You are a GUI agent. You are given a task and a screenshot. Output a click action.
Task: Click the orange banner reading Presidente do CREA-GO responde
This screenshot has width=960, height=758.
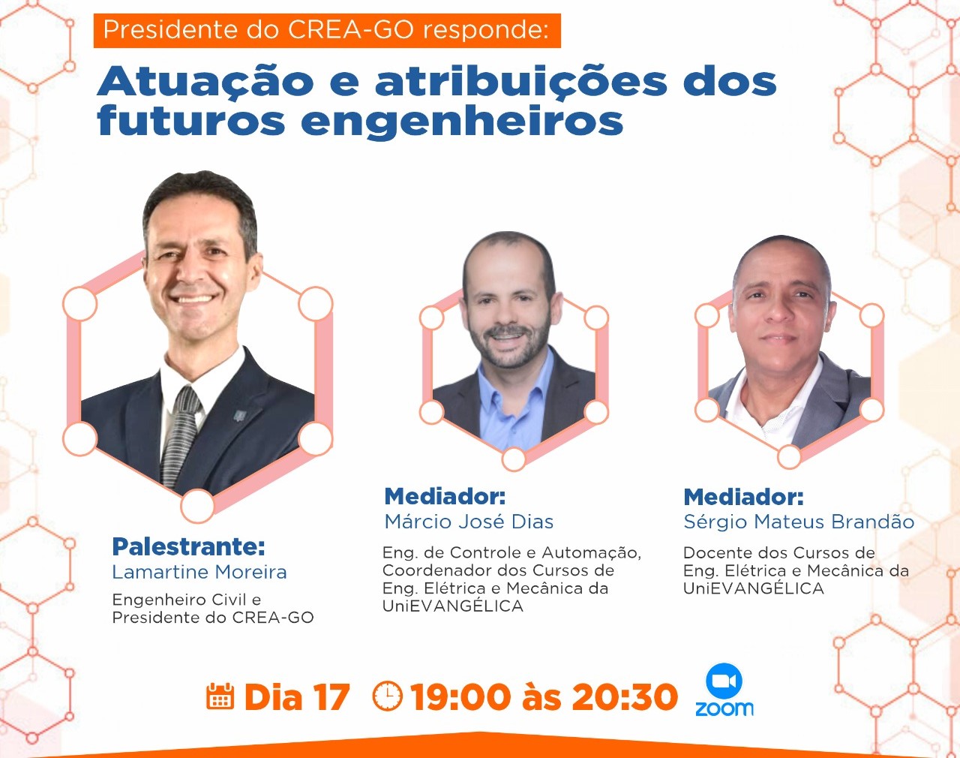tap(327, 30)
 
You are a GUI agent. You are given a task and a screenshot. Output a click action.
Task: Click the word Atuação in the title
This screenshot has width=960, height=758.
tap(205, 82)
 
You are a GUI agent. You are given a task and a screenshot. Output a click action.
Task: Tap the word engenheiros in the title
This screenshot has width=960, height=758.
tap(462, 122)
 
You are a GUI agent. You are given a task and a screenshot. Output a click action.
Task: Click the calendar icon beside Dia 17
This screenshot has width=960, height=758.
tap(220, 696)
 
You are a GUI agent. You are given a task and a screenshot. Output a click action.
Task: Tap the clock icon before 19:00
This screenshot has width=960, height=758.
tap(387, 696)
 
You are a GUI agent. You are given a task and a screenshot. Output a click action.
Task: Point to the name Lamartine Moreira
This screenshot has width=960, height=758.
tap(199, 572)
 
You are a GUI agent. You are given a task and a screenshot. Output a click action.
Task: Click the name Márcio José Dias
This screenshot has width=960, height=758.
tap(469, 522)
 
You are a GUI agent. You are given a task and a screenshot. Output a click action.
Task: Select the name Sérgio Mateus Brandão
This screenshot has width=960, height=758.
tap(799, 522)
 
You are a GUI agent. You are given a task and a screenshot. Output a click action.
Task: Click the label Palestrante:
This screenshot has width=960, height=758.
tap(188, 546)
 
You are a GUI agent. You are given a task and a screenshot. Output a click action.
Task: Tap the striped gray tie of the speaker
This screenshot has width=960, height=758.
tap(181, 435)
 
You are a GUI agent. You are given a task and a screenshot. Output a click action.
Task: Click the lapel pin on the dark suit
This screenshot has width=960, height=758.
tap(240, 416)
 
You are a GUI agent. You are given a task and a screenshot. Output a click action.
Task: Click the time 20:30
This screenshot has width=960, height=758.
tap(625, 697)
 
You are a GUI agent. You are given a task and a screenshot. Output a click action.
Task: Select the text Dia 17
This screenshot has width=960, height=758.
tap(296, 697)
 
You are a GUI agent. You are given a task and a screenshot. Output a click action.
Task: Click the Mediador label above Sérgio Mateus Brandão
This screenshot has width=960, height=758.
tap(744, 497)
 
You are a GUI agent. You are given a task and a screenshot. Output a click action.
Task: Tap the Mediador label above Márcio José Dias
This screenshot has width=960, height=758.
tap(445, 496)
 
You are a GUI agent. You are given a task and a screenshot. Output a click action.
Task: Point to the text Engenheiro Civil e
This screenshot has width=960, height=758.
tap(187, 600)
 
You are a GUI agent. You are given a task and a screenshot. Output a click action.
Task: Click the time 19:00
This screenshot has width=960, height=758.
tap(460, 697)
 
